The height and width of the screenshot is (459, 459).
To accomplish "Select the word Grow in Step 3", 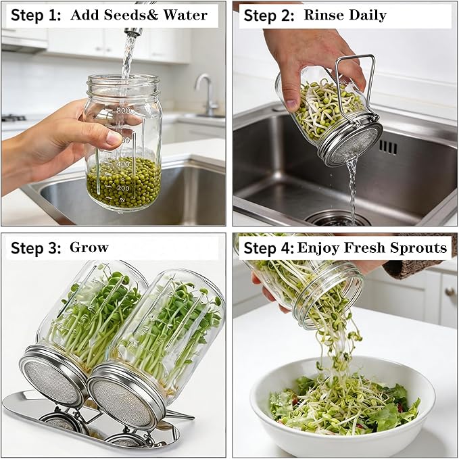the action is tap(89, 247).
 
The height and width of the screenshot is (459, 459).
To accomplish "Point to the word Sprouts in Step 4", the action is tap(418, 247).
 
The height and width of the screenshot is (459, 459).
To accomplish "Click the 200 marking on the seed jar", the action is tap(123, 188).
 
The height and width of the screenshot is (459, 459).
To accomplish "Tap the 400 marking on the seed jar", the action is tap(123, 164).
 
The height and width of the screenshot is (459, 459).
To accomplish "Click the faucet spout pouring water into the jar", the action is tap(133, 31).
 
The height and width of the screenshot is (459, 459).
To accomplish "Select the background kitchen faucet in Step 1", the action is tap(207, 94).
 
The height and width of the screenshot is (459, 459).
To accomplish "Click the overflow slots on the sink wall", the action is tap(388, 147).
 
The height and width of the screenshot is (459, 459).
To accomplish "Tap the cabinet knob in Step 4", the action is tap(450, 291).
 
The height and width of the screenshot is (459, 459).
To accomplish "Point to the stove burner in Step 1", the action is tap(14, 118).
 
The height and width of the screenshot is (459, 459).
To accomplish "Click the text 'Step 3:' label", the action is tap(36, 248).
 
